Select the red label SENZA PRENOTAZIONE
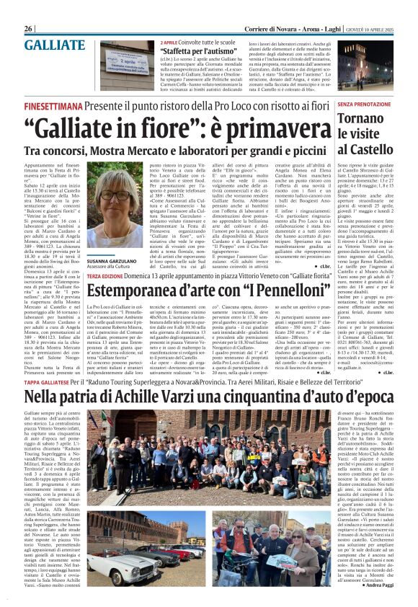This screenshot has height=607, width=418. [x=368, y=105]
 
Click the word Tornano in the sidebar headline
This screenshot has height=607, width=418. [x=366, y=120]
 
